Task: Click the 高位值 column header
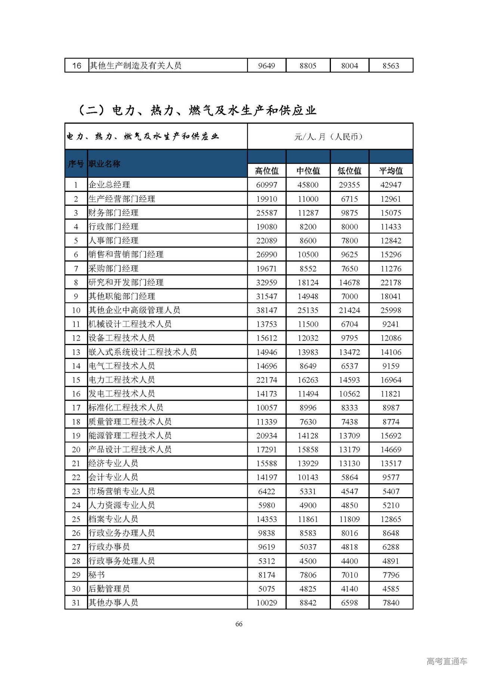pos(267,171)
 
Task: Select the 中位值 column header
pos(308,171)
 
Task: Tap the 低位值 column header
pos(350,171)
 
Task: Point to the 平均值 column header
pos(391,171)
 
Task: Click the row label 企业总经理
pos(109,184)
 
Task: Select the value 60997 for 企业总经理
pos(267,184)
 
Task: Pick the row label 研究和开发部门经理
pos(126,282)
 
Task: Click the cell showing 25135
pos(308,310)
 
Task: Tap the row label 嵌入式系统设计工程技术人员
pos(143,352)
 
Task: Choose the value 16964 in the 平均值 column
pos(391,380)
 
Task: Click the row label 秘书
pos(97,575)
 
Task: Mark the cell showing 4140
pos(350,589)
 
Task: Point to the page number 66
pos(239,624)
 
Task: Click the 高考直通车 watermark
pos(447,661)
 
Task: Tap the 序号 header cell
pos(76,164)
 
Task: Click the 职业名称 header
pos(105,164)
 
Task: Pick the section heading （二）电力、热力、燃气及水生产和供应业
pos(197,110)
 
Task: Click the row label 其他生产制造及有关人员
pos(135,66)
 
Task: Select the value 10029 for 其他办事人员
pos(267,602)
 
